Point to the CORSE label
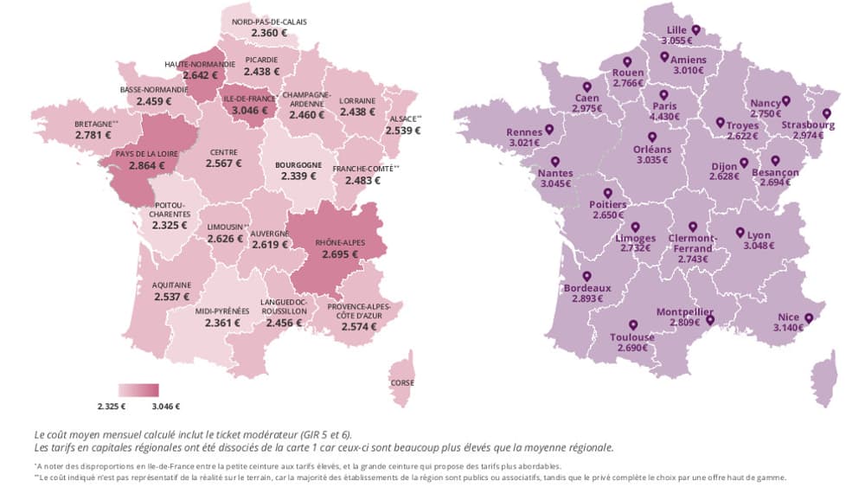(402, 383)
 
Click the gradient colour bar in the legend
(138, 390)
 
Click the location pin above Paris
(663, 95)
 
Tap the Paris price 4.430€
(663, 118)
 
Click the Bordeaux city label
(587, 288)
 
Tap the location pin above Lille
(695, 29)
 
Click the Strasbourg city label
(808, 125)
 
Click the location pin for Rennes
(548, 132)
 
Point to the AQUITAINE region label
(171, 285)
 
